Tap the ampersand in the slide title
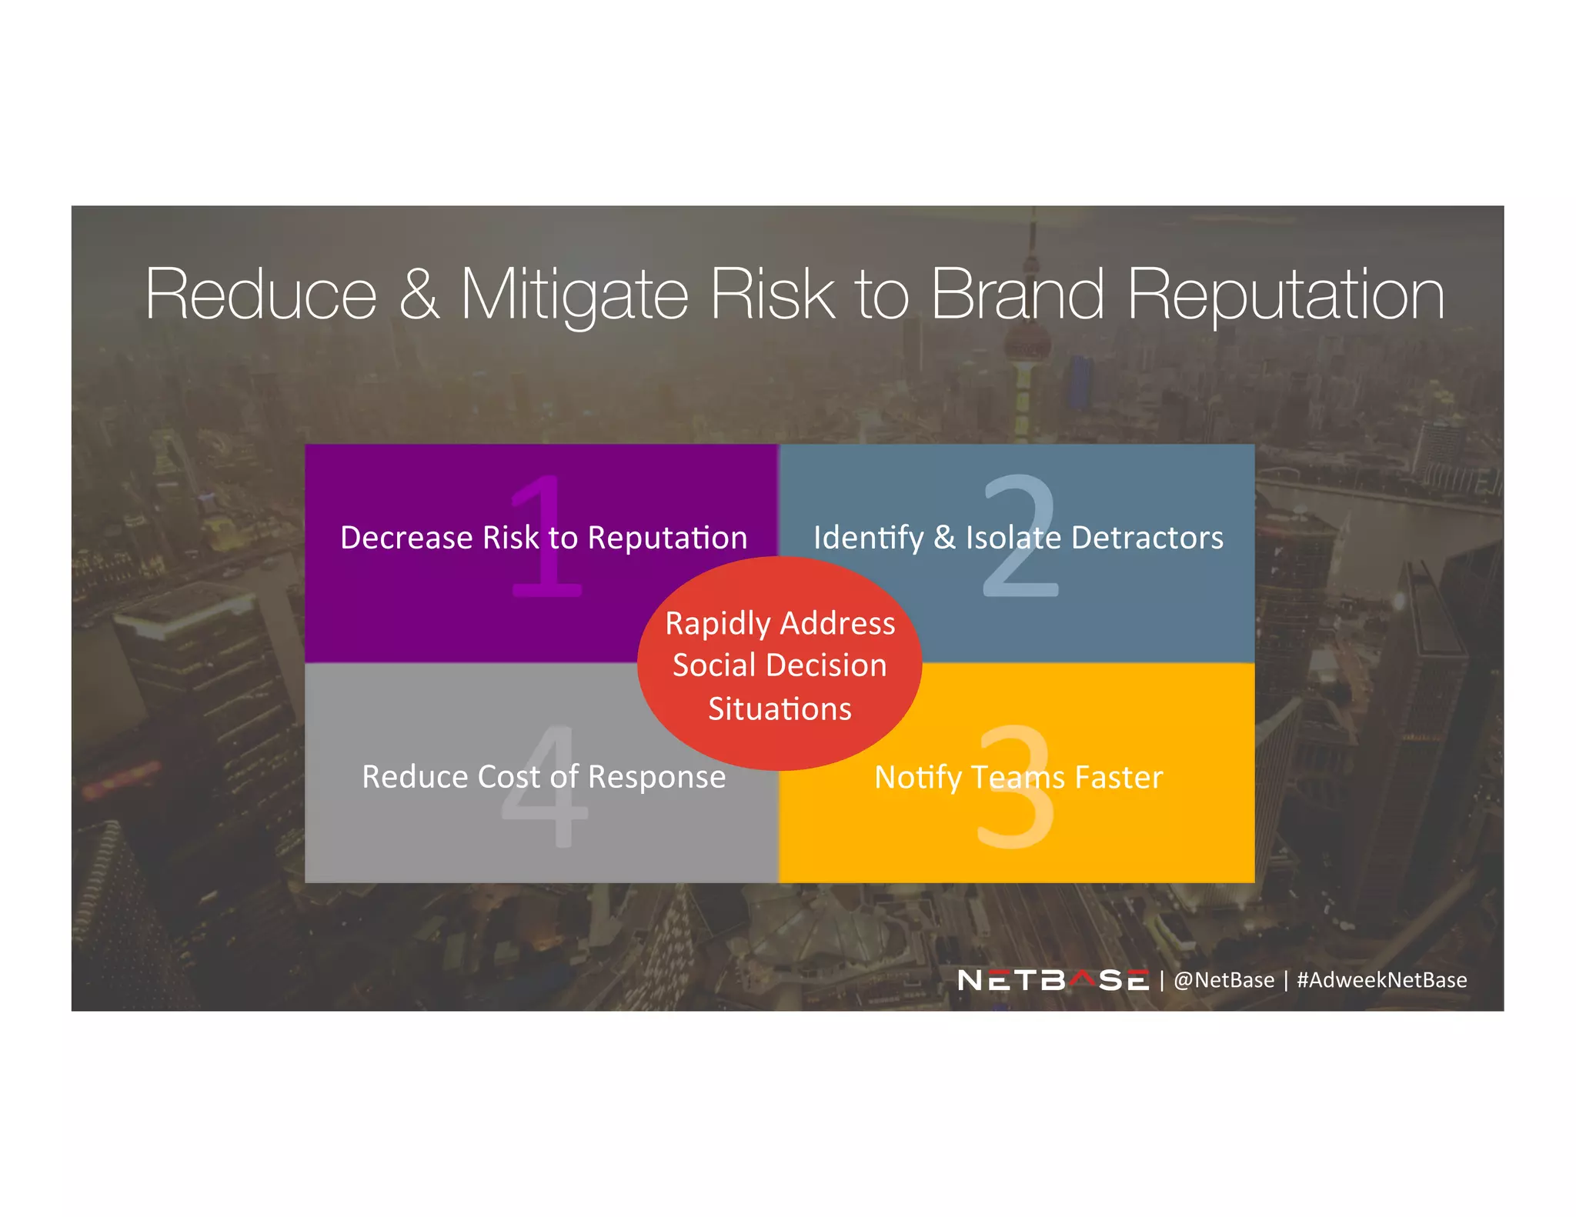pyautogui.click(x=419, y=295)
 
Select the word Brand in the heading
pyautogui.click(x=1017, y=295)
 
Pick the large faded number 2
pyautogui.click(x=1020, y=535)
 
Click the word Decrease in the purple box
pyautogui.click(x=406, y=538)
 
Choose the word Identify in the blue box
pyautogui.click(x=868, y=538)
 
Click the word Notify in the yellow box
pyautogui.click(x=917, y=778)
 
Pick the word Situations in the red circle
pyautogui.click(x=780, y=709)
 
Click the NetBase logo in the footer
pyautogui.click(x=1053, y=980)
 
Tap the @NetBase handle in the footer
pyautogui.click(x=1224, y=980)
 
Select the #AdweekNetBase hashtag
pyautogui.click(x=1381, y=980)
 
